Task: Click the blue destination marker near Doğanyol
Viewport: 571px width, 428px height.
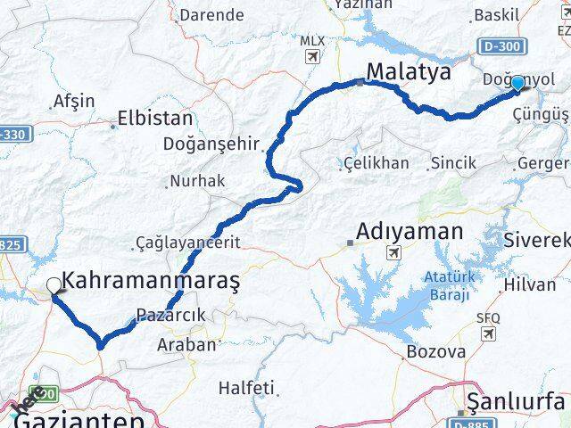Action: click(x=517, y=83)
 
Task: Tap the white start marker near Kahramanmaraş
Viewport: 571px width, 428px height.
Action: click(x=54, y=285)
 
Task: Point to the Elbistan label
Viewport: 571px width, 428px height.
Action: click(x=156, y=118)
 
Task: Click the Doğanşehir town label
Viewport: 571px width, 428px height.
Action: click(x=211, y=143)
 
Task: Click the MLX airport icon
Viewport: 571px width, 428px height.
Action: click(x=311, y=57)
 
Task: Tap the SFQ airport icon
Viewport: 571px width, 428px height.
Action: click(x=488, y=333)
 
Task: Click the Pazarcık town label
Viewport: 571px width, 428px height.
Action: click(x=171, y=315)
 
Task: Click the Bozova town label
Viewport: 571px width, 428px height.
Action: click(x=435, y=351)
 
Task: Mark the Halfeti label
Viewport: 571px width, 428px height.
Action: click(x=247, y=389)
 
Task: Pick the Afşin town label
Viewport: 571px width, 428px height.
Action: click(x=74, y=101)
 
